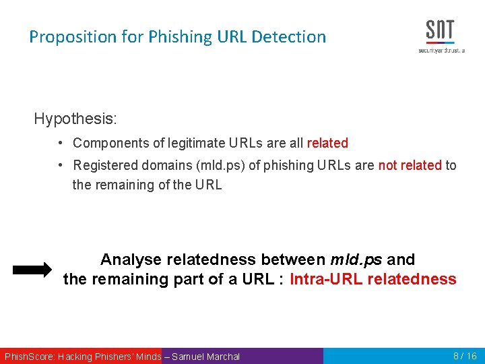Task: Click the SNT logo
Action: point(440,36)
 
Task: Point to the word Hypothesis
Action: point(75,119)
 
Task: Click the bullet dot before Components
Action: point(61,144)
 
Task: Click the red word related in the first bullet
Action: point(327,144)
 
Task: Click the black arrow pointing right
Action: point(32,270)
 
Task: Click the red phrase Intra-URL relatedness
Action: point(373,280)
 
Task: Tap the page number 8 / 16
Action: point(465,356)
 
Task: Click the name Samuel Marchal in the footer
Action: point(205,357)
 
